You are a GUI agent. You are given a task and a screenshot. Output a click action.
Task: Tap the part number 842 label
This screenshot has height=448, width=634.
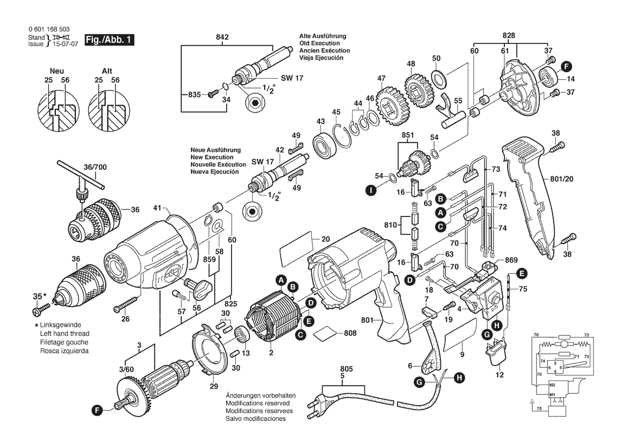tap(222, 37)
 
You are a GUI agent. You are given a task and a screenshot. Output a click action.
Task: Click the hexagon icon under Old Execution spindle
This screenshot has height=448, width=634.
tap(254, 104)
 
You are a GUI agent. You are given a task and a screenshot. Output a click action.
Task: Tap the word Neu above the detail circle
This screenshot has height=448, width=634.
tap(57, 71)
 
